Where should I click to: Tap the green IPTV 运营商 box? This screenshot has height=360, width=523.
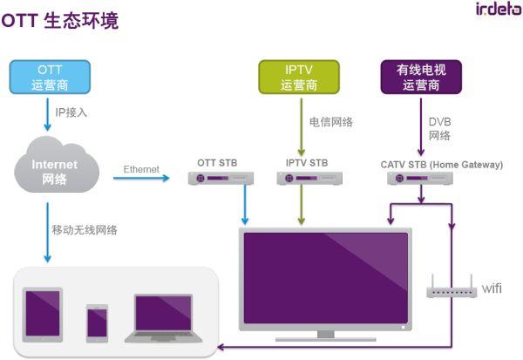(x=299, y=77)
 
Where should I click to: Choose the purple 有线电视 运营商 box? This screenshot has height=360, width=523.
(x=421, y=77)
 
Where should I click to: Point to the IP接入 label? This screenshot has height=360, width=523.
(x=71, y=112)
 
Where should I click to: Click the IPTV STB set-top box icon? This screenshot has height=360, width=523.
(x=307, y=179)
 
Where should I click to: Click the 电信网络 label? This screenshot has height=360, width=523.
(x=331, y=122)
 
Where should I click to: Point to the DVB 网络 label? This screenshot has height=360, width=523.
(x=439, y=129)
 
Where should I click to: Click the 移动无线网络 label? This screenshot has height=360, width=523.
(x=85, y=230)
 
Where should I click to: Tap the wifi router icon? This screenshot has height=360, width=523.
(x=451, y=289)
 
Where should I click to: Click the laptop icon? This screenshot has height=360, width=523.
(x=164, y=318)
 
